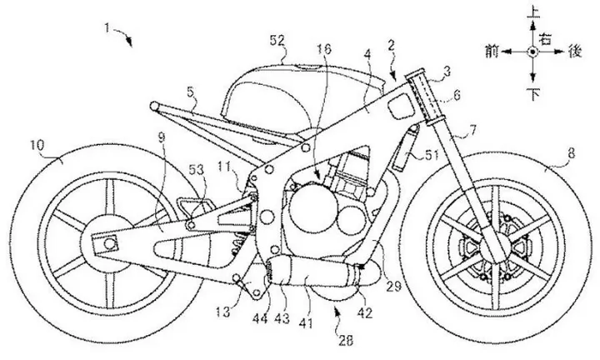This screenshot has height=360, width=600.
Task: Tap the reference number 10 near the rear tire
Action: [37, 145]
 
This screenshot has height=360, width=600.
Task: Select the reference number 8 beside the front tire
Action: [571, 154]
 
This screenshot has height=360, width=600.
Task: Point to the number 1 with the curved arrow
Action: [107, 28]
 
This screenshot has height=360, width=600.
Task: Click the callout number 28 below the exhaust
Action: [346, 340]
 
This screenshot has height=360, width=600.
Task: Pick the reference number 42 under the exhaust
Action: [364, 312]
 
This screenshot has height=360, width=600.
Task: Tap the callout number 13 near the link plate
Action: [222, 312]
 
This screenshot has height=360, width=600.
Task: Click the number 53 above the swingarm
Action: [197, 169]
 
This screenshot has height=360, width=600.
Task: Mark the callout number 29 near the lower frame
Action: [393, 285]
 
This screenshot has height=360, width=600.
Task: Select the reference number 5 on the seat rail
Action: [191, 92]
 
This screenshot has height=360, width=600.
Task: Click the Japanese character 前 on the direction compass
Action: [492, 52]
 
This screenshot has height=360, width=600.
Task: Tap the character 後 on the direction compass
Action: [575, 52]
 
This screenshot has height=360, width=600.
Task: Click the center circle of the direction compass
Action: [532, 52]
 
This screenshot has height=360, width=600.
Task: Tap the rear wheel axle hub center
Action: [109, 243]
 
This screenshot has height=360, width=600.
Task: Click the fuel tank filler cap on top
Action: [306, 68]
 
